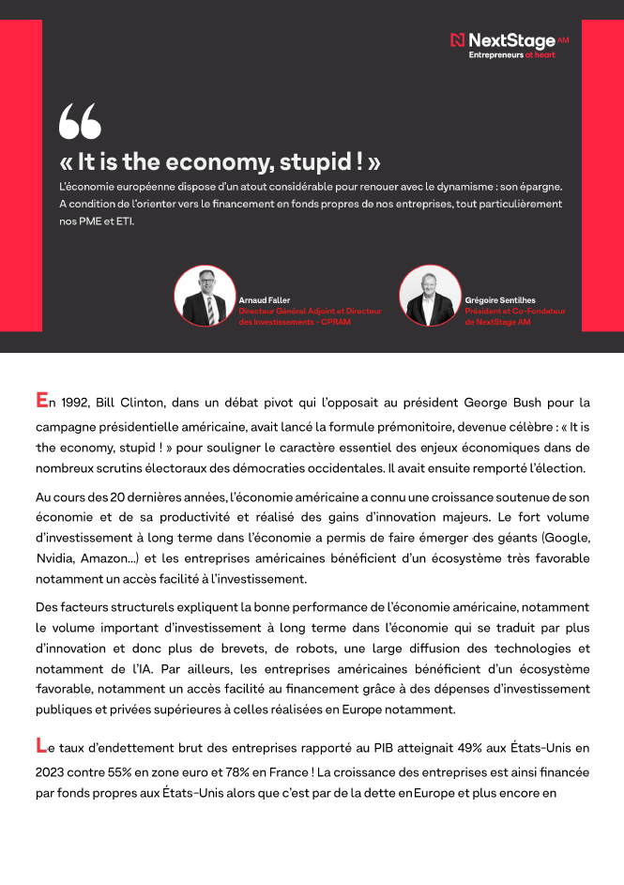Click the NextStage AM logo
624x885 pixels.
[510, 40]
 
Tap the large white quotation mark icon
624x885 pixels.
[80, 122]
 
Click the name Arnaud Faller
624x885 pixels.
[265, 300]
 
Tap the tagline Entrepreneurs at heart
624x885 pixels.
[512, 55]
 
